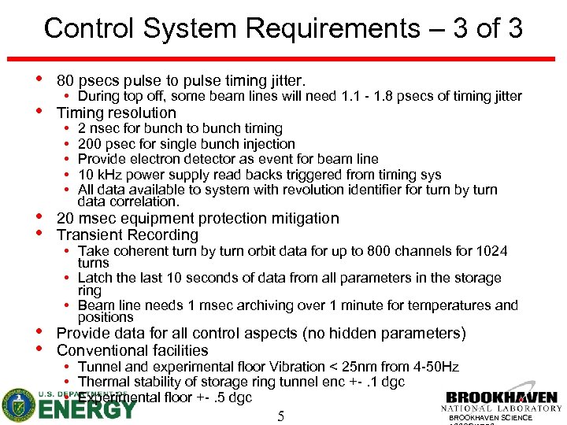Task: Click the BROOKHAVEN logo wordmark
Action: (x=502, y=398)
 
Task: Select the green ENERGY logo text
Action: (x=87, y=409)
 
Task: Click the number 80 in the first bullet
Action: (x=66, y=80)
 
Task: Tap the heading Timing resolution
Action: (x=117, y=113)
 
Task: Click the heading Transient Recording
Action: (x=128, y=235)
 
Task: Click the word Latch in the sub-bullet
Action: (x=94, y=278)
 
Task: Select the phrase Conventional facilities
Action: (x=132, y=350)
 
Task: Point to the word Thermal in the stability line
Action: (x=102, y=382)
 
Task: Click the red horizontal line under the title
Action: (x=283, y=60)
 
